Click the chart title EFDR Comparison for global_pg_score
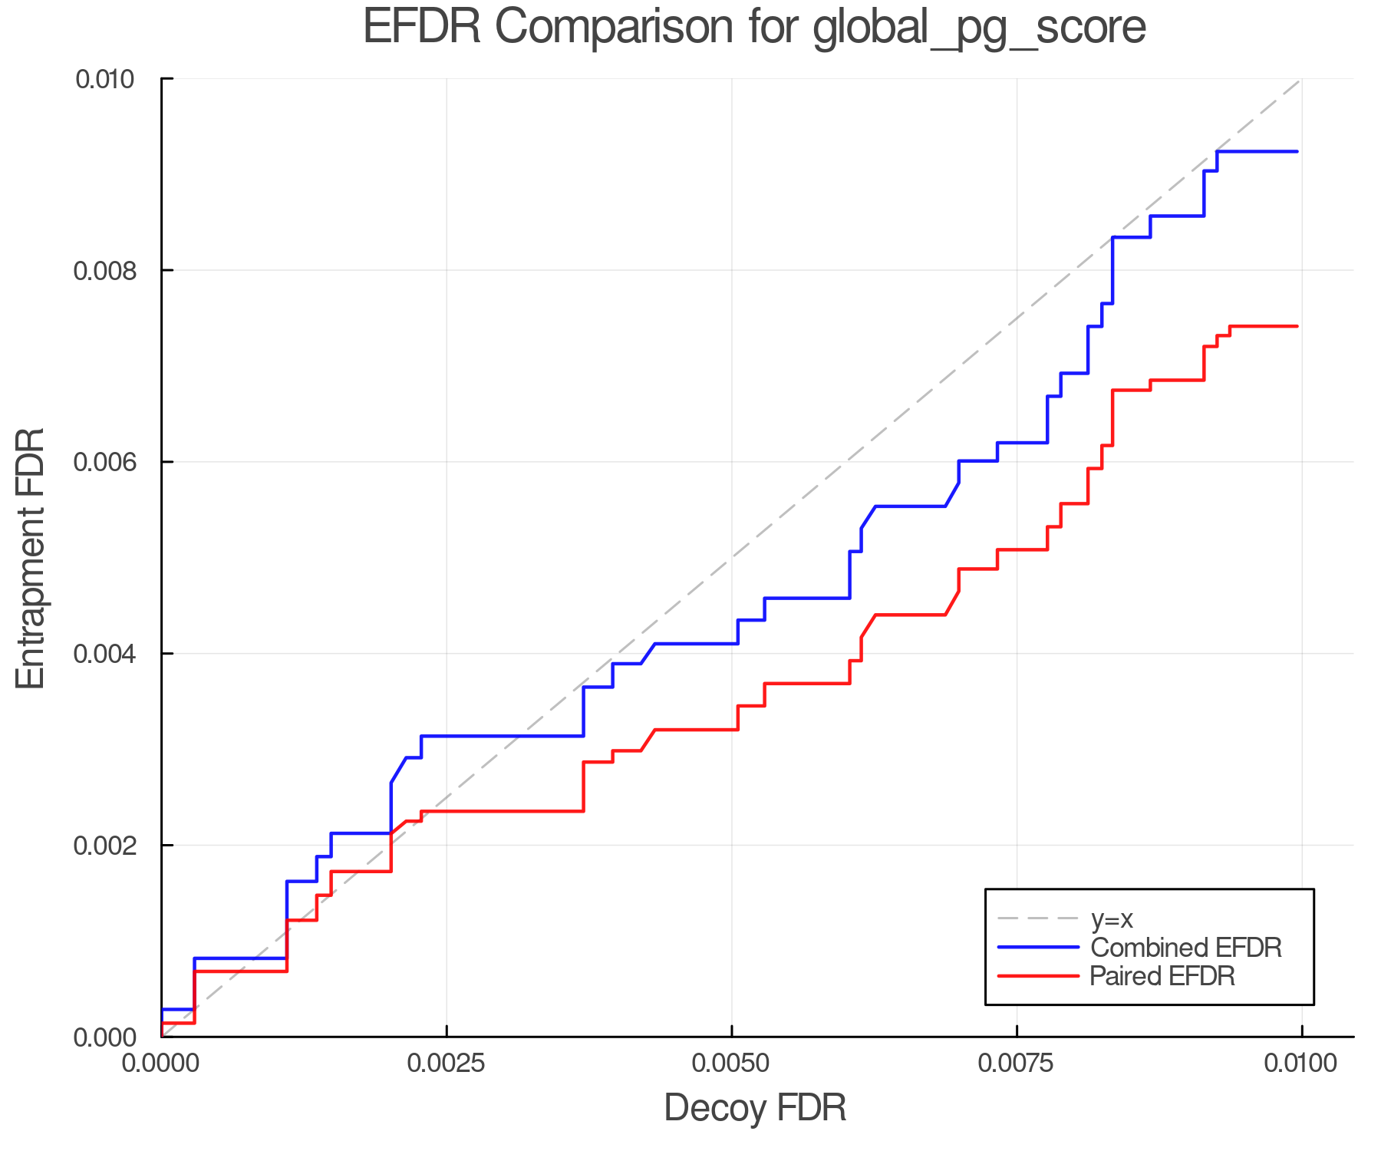tap(754, 28)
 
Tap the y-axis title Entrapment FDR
tap(31, 558)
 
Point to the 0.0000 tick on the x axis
tap(161, 1064)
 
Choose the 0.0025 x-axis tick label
tap(447, 1064)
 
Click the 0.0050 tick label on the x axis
tap(731, 1064)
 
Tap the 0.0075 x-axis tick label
tap(1017, 1064)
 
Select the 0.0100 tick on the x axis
tap(1301, 1064)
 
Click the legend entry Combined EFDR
tap(1185, 948)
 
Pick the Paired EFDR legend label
tap(1162, 976)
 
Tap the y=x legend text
tap(1112, 919)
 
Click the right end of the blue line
tap(1297, 152)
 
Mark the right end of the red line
tap(1297, 326)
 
